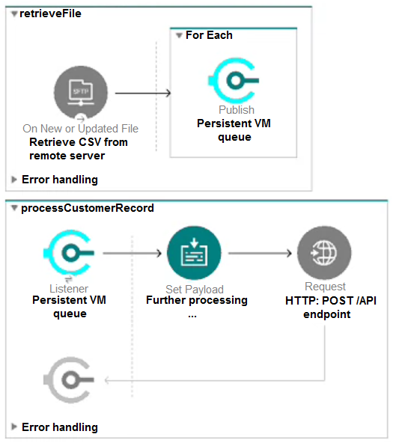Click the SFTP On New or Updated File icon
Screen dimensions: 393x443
81,93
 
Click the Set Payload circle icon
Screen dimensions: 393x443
194,253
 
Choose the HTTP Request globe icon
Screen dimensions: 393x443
324,253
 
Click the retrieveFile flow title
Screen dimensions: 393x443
51,13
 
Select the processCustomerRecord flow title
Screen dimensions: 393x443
88,208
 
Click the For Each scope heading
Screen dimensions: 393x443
209,35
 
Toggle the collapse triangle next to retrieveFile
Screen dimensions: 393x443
14,13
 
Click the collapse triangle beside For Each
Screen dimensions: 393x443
179,36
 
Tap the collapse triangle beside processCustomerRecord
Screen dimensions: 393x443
14,208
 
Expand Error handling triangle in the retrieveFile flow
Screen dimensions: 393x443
13,180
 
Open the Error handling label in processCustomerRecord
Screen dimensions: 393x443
60,427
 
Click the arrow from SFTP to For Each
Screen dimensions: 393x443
143,93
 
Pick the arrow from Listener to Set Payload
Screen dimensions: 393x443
132,253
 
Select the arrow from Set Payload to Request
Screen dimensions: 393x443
260,253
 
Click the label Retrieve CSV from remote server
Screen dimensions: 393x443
79,149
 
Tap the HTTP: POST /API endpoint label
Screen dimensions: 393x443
331,308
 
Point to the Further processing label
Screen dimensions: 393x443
197,300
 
